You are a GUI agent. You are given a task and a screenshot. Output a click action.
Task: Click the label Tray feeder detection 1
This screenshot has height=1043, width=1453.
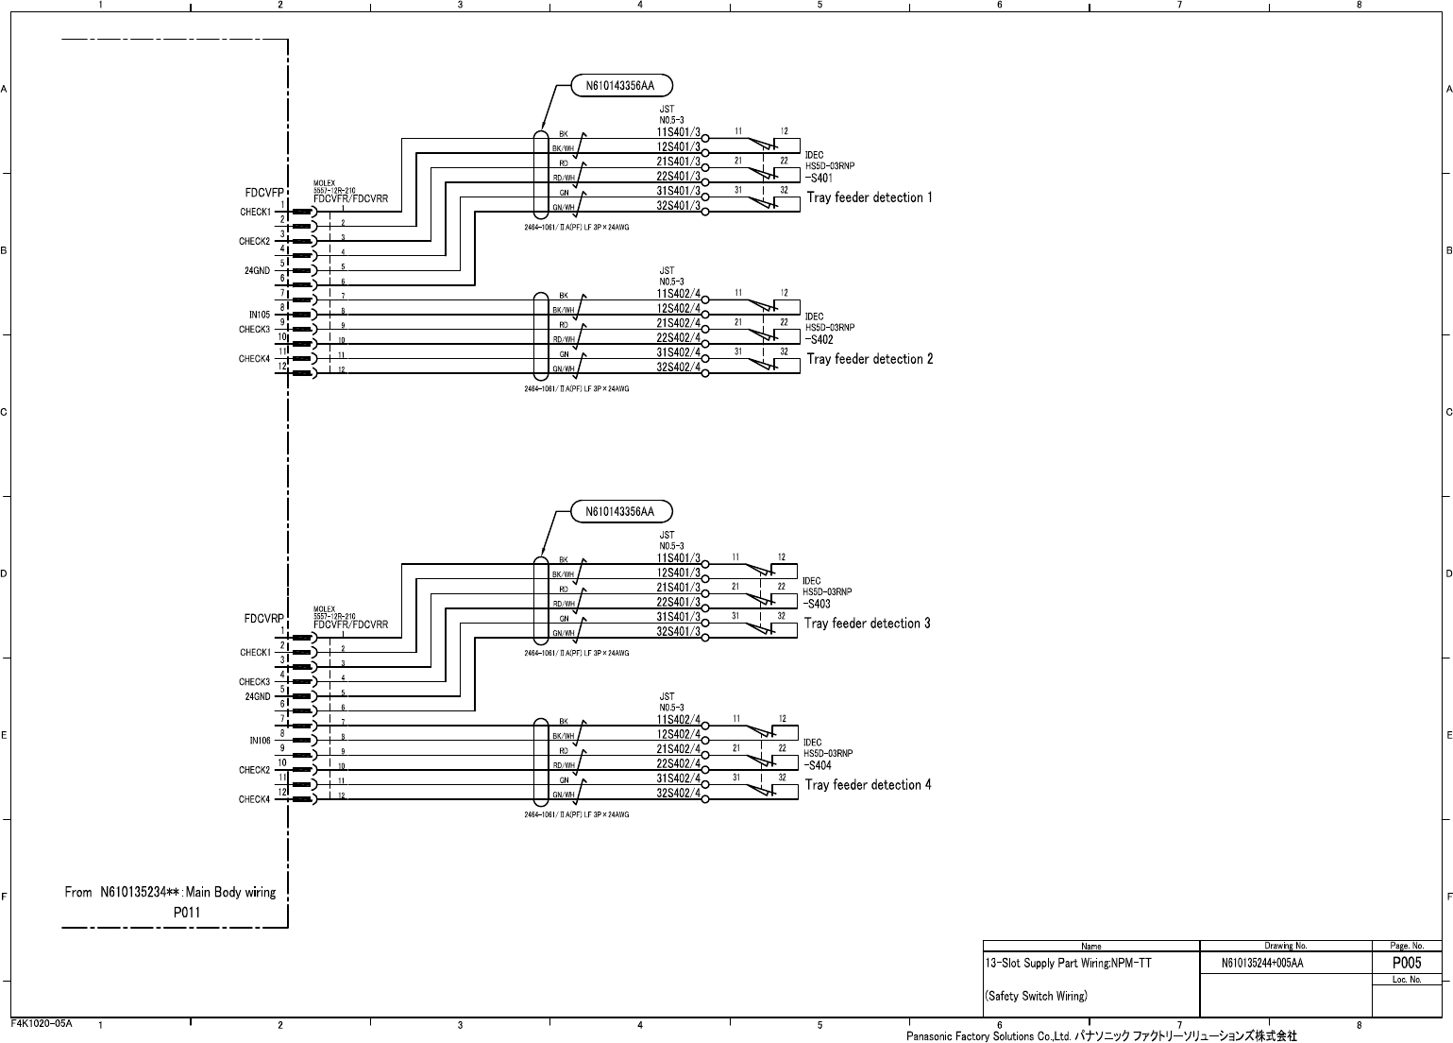[869, 197]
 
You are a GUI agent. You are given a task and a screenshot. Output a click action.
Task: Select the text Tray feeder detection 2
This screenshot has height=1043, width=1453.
[870, 359]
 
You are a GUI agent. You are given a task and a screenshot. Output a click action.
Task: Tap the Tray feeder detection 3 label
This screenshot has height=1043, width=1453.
[867, 624]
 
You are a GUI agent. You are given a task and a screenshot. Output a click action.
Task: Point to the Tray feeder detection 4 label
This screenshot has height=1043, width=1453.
[868, 785]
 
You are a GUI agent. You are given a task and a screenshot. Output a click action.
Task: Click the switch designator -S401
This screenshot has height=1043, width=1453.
[819, 178]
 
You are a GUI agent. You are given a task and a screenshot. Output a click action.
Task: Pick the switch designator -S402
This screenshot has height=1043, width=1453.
[819, 339]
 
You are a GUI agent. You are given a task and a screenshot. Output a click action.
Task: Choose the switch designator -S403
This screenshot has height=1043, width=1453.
[817, 603]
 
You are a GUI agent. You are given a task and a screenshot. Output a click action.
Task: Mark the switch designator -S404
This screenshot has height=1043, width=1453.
[818, 764]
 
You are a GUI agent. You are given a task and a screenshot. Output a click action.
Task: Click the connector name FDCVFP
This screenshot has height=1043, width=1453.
[264, 193]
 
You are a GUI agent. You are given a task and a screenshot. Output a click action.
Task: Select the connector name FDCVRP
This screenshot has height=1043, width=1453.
[264, 620]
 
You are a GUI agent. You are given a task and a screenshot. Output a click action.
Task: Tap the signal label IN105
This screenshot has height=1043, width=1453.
[260, 315]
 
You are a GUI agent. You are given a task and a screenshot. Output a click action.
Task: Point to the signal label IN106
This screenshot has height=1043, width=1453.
[260, 741]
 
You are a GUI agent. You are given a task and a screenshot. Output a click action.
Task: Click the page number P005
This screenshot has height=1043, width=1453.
[1407, 964]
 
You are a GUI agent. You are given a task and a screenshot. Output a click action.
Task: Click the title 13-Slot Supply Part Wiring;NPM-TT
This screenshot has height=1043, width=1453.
[1068, 964]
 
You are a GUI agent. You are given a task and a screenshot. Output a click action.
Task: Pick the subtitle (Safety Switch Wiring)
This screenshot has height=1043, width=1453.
[1036, 996]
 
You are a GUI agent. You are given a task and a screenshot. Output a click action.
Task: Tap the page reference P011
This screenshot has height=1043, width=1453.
[187, 913]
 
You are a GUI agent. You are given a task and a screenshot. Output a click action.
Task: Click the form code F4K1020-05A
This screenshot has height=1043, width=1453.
[42, 1024]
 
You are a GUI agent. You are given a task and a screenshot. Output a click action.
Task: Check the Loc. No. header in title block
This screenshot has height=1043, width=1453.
[1407, 981]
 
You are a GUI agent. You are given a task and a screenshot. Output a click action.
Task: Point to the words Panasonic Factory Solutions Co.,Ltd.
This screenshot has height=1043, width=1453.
[988, 1036]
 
